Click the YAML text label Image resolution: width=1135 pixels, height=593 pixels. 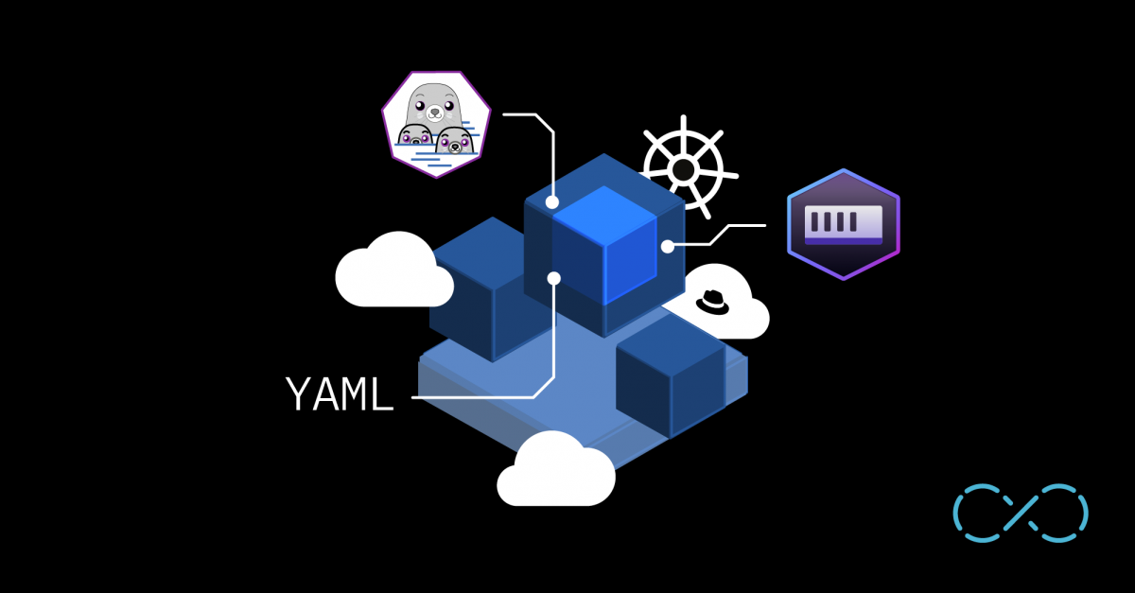pos(340,393)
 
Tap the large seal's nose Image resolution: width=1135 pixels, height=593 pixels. pos(434,114)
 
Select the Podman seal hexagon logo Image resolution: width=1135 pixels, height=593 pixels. pos(436,125)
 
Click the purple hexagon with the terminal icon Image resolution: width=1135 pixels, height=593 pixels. pos(844,224)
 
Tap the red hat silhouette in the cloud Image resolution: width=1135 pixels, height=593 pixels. pos(712,303)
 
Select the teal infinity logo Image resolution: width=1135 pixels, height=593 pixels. pos(1021,513)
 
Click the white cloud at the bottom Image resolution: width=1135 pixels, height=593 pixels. pos(556,470)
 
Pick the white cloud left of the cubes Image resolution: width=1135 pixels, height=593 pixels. pos(393,270)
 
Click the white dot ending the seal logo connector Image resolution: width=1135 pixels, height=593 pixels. pos(552,202)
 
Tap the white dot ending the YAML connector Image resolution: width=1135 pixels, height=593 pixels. pos(554,278)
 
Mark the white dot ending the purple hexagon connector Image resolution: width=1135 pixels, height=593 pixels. pos(668,247)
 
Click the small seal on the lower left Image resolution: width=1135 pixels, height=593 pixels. pos(415,135)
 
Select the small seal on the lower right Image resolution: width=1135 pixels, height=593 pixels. pos(455,140)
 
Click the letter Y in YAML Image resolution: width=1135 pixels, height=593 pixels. pos(299,393)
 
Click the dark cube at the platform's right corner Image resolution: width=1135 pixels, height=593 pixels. pos(671,376)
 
